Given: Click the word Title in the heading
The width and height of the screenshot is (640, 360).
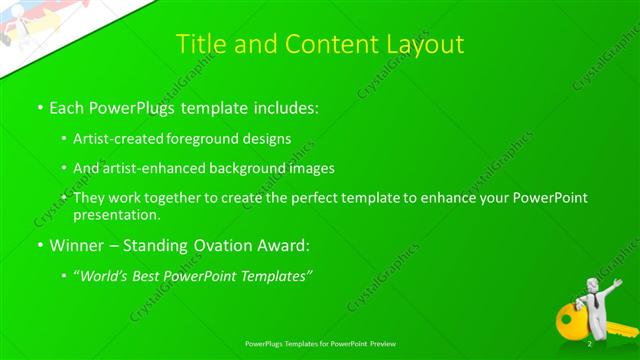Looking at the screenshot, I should coord(200,44).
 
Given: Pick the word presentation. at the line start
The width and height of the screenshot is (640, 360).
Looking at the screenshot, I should coord(116,214).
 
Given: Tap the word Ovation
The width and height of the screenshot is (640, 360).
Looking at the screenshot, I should coord(215,244).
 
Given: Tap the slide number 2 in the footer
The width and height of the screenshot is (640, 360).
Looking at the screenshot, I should coord(589,345).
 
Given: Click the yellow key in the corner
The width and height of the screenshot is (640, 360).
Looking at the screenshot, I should coord(574,319).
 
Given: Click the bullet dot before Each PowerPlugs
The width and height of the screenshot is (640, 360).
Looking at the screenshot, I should coord(38,106).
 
